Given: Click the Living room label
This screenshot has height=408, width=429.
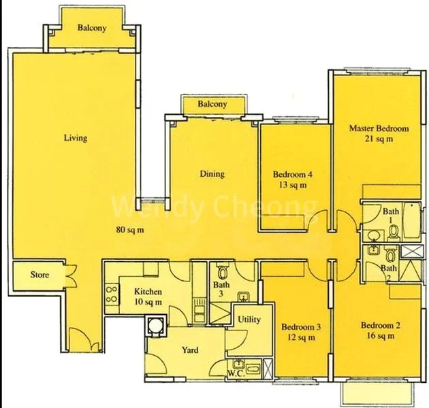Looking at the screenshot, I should pos(76,138).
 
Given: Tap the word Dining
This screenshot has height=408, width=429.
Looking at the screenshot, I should pos(212,174).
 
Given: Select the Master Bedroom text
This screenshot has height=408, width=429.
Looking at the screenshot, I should pos(379,129).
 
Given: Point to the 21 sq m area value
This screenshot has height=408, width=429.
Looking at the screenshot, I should pos(379,139).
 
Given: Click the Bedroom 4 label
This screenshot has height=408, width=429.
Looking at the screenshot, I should pos(289,173).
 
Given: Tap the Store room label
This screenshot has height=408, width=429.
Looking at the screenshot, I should pos(38,275).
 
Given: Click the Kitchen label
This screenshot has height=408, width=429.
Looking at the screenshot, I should pos(148,292).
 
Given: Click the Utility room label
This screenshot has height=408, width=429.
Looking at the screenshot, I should pos(249,320).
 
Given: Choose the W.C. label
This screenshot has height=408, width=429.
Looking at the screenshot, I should pos(236,373).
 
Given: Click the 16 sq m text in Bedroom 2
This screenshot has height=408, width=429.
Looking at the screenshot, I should pos(380,335).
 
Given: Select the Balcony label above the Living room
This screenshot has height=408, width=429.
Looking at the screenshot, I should pos(91,29).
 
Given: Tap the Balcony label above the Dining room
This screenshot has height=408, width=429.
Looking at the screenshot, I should pos(212,105).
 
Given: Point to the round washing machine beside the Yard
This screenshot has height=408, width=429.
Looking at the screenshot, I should pos(157,324).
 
